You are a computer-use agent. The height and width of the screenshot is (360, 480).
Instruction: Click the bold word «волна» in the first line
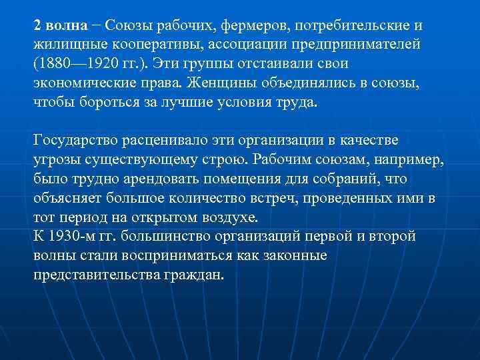pos(66,25)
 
